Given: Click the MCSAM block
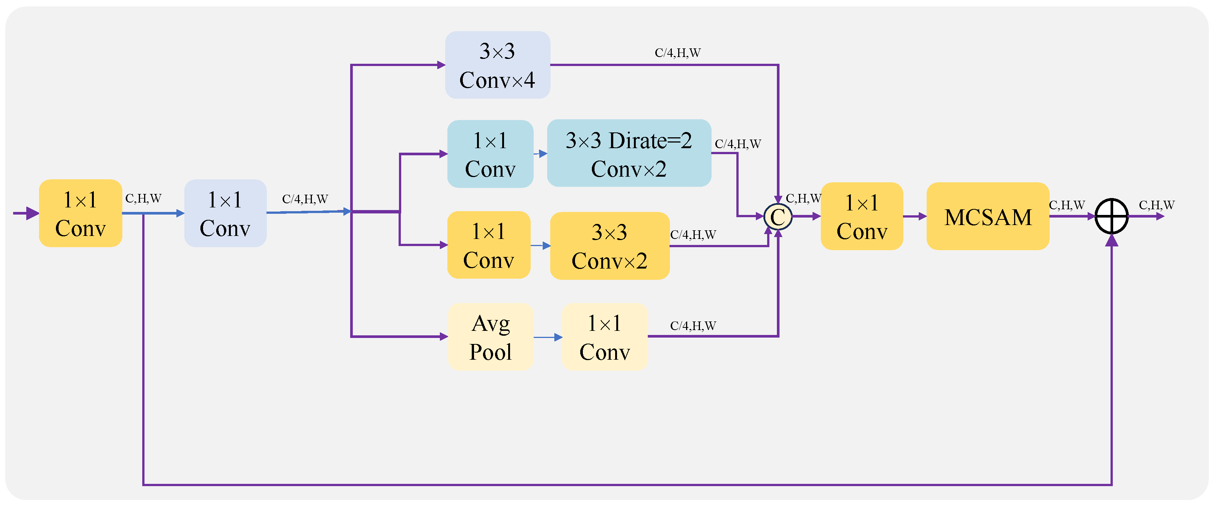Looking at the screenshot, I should (987, 216).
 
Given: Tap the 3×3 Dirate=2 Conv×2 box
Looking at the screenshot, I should (628, 153).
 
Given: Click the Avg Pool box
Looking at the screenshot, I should (490, 337).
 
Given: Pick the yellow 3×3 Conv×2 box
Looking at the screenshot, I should (609, 246).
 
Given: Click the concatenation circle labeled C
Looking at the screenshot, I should (778, 216).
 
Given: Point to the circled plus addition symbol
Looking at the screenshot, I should (1111, 216).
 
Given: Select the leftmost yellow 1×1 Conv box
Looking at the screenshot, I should (80, 213).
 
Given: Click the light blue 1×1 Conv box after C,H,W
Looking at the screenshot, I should (225, 213).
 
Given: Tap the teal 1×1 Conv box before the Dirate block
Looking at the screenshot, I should (490, 154).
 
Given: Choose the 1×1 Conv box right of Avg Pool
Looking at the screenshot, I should (604, 337).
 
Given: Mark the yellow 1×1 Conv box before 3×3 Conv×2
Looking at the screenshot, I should (489, 245).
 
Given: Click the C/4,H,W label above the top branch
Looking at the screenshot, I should (677, 53).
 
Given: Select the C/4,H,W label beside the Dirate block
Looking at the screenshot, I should (737, 144).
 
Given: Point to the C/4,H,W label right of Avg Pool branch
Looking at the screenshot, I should (693, 326).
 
